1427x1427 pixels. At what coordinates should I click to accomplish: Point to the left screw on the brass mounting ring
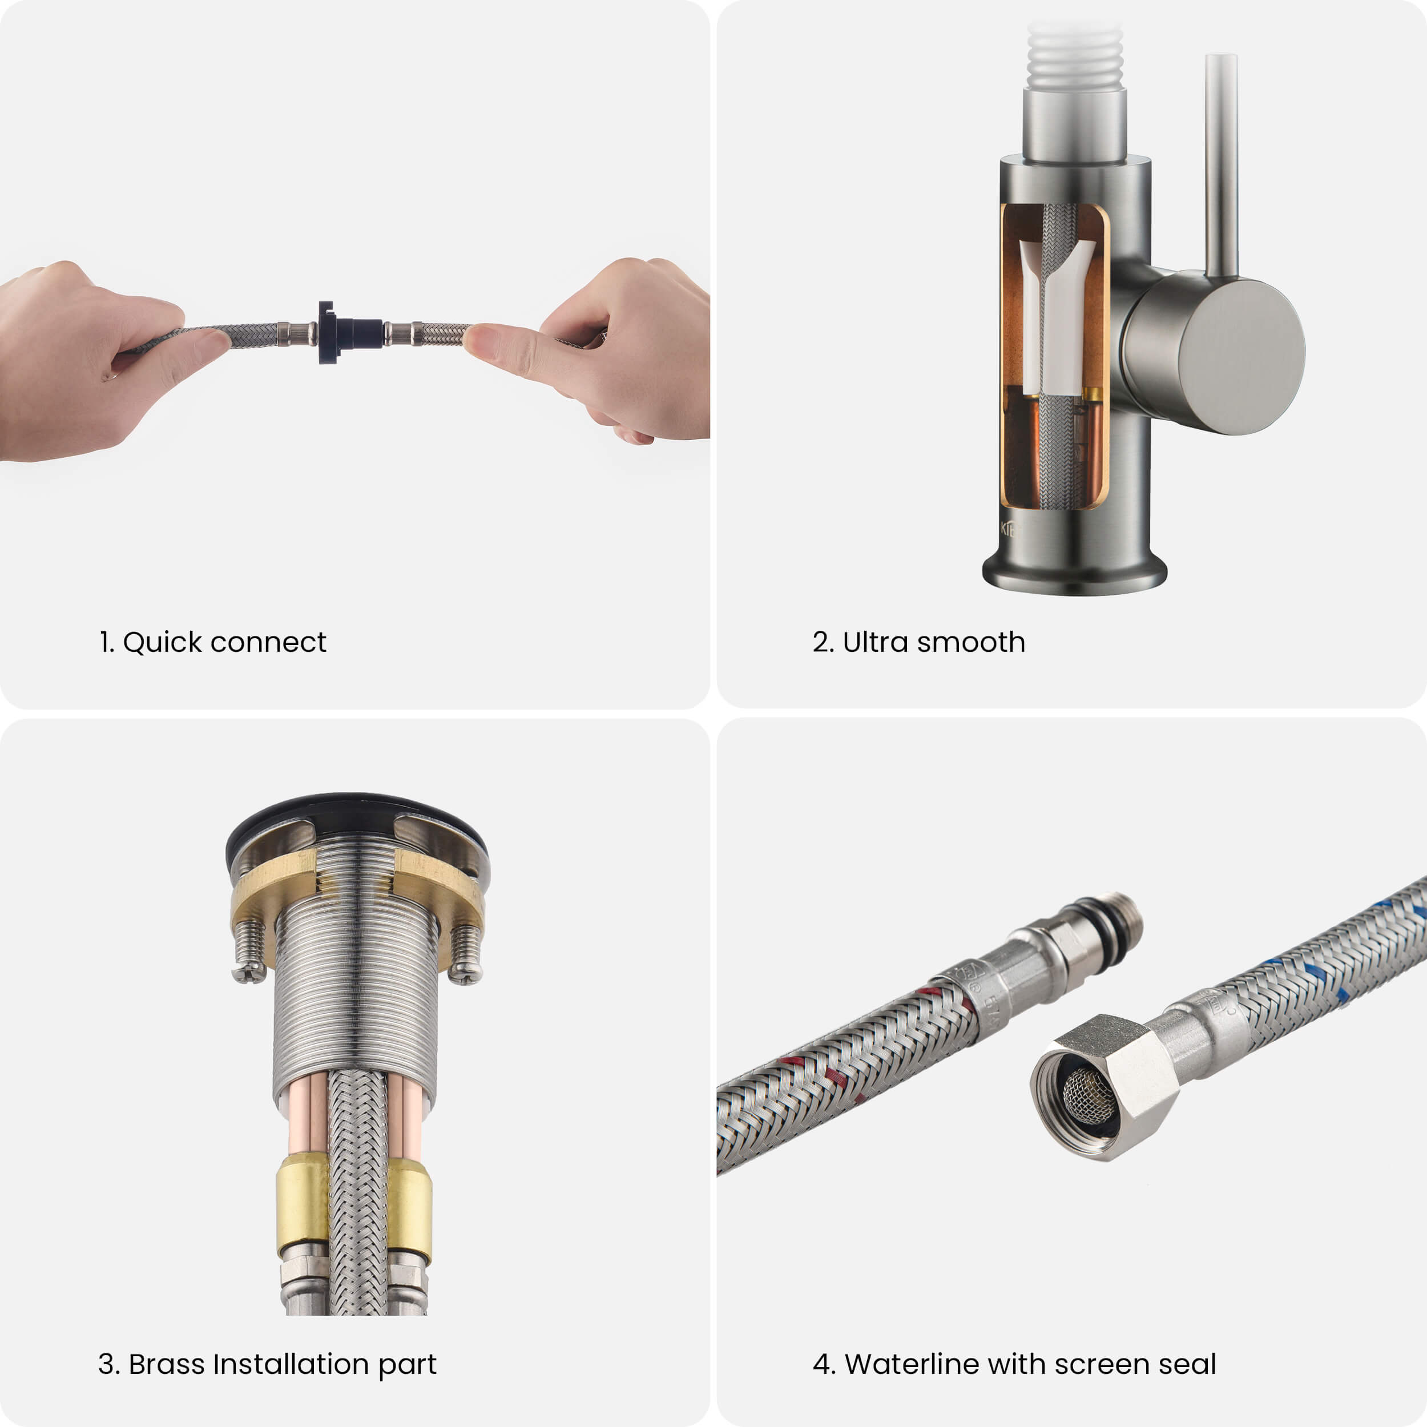pyautogui.click(x=249, y=950)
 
